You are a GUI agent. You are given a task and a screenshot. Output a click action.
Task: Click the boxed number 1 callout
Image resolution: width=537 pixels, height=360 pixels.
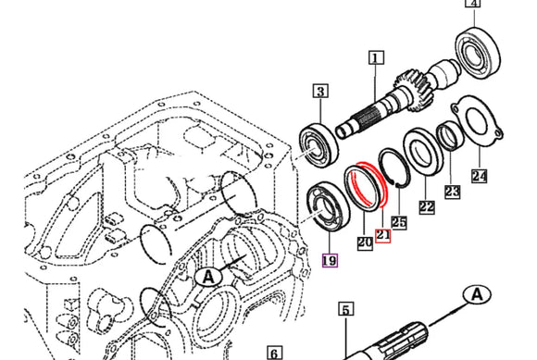(x=375, y=57)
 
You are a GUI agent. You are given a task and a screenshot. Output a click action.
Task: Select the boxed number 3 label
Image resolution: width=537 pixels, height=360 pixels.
(x=319, y=91)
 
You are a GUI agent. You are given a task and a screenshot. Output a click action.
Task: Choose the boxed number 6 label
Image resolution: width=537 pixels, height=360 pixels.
(x=274, y=353)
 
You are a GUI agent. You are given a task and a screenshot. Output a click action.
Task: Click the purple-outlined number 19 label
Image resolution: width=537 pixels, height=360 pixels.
(x=330, y=261)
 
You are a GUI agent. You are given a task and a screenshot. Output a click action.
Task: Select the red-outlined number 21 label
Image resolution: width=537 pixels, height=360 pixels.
(x=383, y=236)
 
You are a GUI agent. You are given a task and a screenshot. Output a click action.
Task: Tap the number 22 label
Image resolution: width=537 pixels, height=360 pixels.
(x=427, y=207)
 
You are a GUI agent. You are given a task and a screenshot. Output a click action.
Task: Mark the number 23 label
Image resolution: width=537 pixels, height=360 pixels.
(x=452, y=192)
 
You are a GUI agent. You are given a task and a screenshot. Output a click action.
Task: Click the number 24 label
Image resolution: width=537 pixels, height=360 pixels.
(x=478, y=174)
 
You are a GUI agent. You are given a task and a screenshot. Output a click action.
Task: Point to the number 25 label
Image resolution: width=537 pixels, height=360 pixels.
(x=399, y=222)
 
